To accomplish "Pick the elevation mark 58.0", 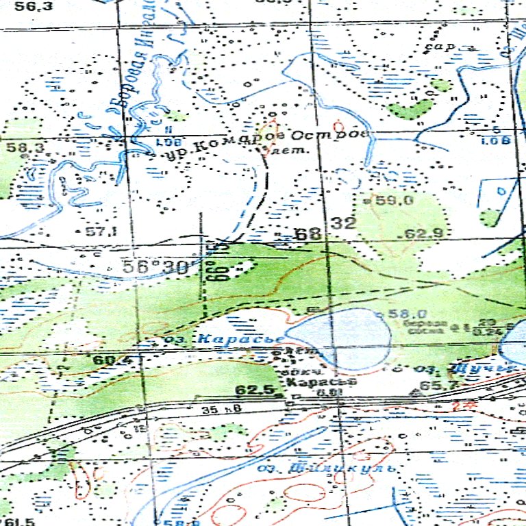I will coord(403,314).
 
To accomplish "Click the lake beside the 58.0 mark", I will coord(339,336).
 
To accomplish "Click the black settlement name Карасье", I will coord(314,381).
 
